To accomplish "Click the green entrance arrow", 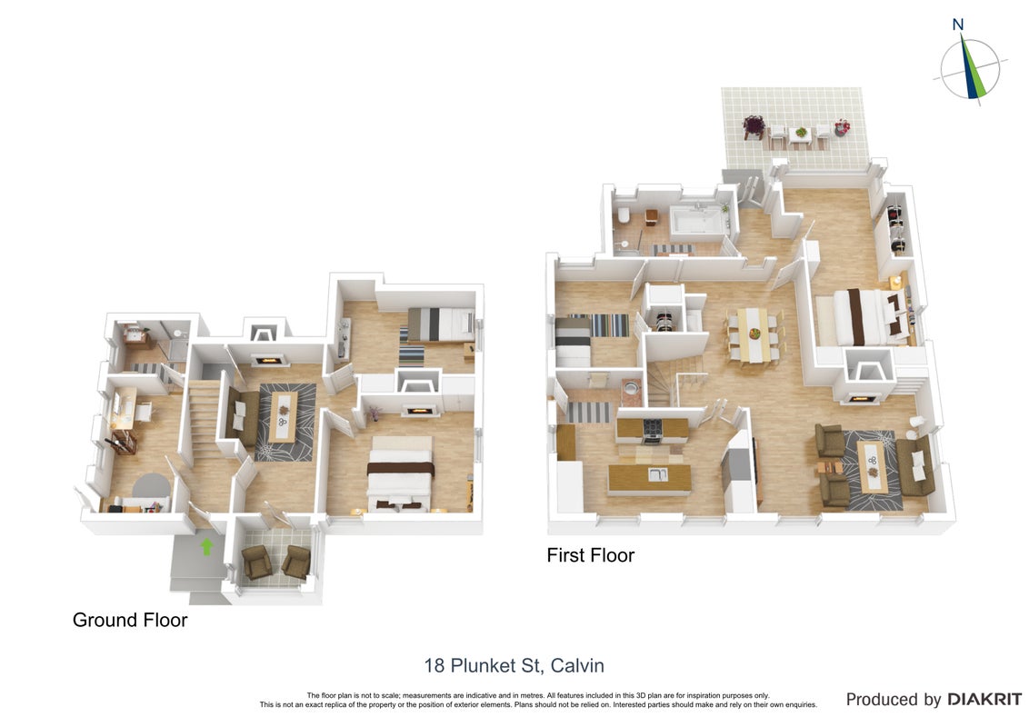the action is [206, 546].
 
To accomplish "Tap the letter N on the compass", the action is [957, 25].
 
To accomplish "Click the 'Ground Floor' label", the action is [130, 620].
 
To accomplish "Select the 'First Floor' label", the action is [591, 556].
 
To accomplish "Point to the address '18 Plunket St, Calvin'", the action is [514, 665].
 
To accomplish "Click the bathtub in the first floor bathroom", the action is [698, 220].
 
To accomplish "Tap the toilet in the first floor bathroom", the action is [623, 216].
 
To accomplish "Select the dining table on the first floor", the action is [753, 334].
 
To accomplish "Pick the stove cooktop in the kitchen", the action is [653, 428].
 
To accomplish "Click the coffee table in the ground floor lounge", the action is [283, 418].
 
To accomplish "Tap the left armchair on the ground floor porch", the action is [256, 562].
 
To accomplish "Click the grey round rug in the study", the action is [152, 486].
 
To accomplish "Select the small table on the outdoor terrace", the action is [800, 134].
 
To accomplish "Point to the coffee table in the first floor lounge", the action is [872, 467].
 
